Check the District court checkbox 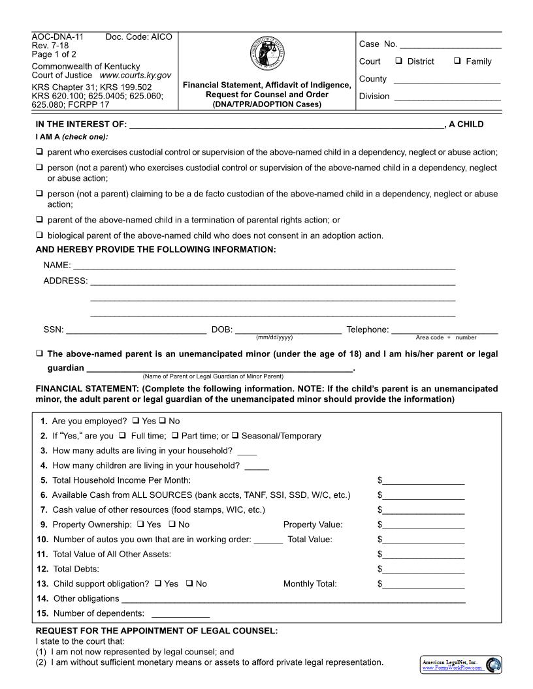(x=398, y=61)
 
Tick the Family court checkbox (x=457, y=61)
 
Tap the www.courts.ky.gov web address (x=135, y=76)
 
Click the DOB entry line (x=287, y=330)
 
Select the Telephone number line (x=444, y=330)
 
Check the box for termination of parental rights (x=40, y=220)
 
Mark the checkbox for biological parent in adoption (x=40, y=236)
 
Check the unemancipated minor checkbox (x=40, y=354)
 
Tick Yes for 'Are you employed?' (x=136, y=421)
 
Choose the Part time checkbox (x=176, y=436)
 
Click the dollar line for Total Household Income (x=424, y=481)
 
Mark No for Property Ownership (x=172, y=525)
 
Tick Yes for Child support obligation (x=158, y=584)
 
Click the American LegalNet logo (x=460, y=665)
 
